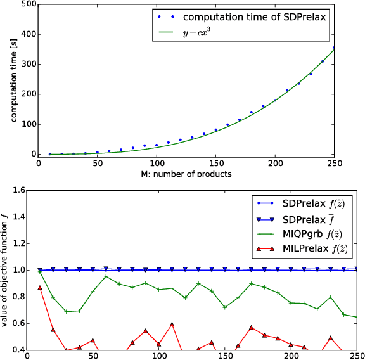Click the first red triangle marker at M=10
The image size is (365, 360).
(40, 288)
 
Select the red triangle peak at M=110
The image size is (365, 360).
(172, 325)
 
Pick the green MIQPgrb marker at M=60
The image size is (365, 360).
(106, 276)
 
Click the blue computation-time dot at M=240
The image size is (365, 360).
(323, 61)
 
